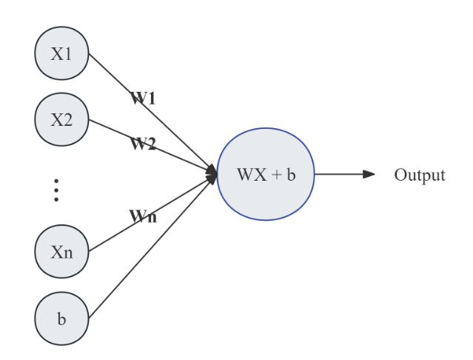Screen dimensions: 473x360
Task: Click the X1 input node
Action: click(61, 53)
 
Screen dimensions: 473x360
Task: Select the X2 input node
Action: click(61, 119)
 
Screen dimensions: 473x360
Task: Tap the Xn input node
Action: click(61, 251)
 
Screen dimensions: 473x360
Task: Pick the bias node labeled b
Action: click(61, 319)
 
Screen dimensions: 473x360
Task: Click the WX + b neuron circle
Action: click(266, 174)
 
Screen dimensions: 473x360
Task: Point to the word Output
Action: click(420, 175)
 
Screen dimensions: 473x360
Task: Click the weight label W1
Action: click(143, 98)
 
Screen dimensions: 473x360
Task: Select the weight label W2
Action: click(143, 144)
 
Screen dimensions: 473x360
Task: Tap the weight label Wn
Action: click(143, 216)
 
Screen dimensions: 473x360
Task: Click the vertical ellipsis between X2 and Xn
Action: click(56, 190)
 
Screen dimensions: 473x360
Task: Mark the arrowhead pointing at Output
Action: click(369, 174)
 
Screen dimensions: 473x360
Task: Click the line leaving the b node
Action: click(152, 247)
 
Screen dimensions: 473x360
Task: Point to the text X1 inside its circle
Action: click(61, 54)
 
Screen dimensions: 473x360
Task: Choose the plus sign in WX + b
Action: click(276, 175)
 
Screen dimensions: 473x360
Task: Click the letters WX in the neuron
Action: click(252, 175)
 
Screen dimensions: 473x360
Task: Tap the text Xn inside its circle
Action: click(61, 253)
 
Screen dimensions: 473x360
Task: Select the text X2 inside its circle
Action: click(61, 120)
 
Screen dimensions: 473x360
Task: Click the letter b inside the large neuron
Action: click(291, 174)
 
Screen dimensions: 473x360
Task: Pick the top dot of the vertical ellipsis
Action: click(56, 181)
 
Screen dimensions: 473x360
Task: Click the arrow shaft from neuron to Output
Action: click(339, 174)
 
